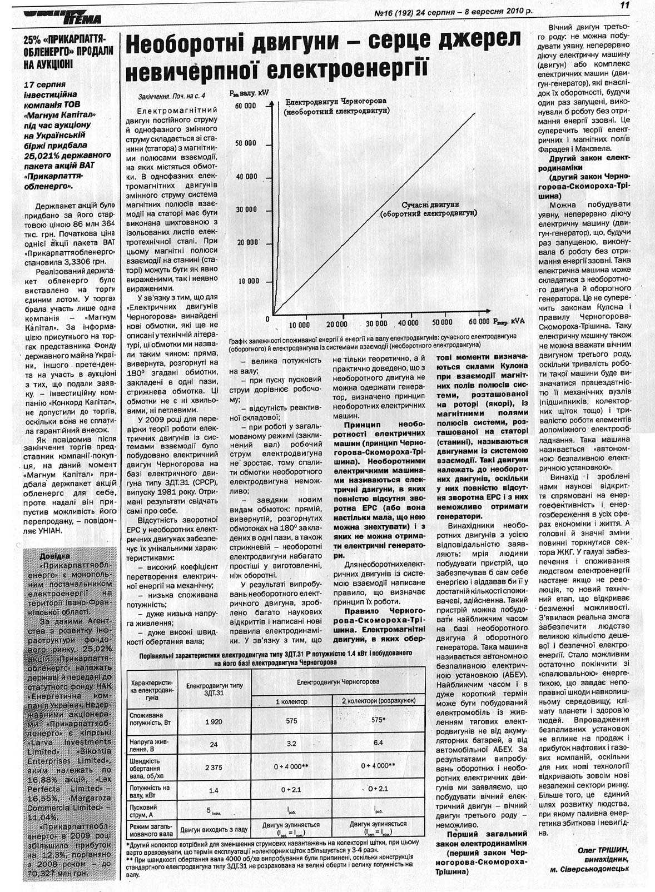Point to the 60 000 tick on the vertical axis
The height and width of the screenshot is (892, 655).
[x=246, y=106]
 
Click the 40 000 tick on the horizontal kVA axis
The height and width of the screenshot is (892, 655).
[x=409, y=323]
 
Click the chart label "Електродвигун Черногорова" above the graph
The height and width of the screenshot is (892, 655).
[x=334, y=102]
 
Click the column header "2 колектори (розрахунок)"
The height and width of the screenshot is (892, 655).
[x=378, y=701]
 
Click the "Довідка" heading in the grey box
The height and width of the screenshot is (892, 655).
[x=54, y=556]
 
